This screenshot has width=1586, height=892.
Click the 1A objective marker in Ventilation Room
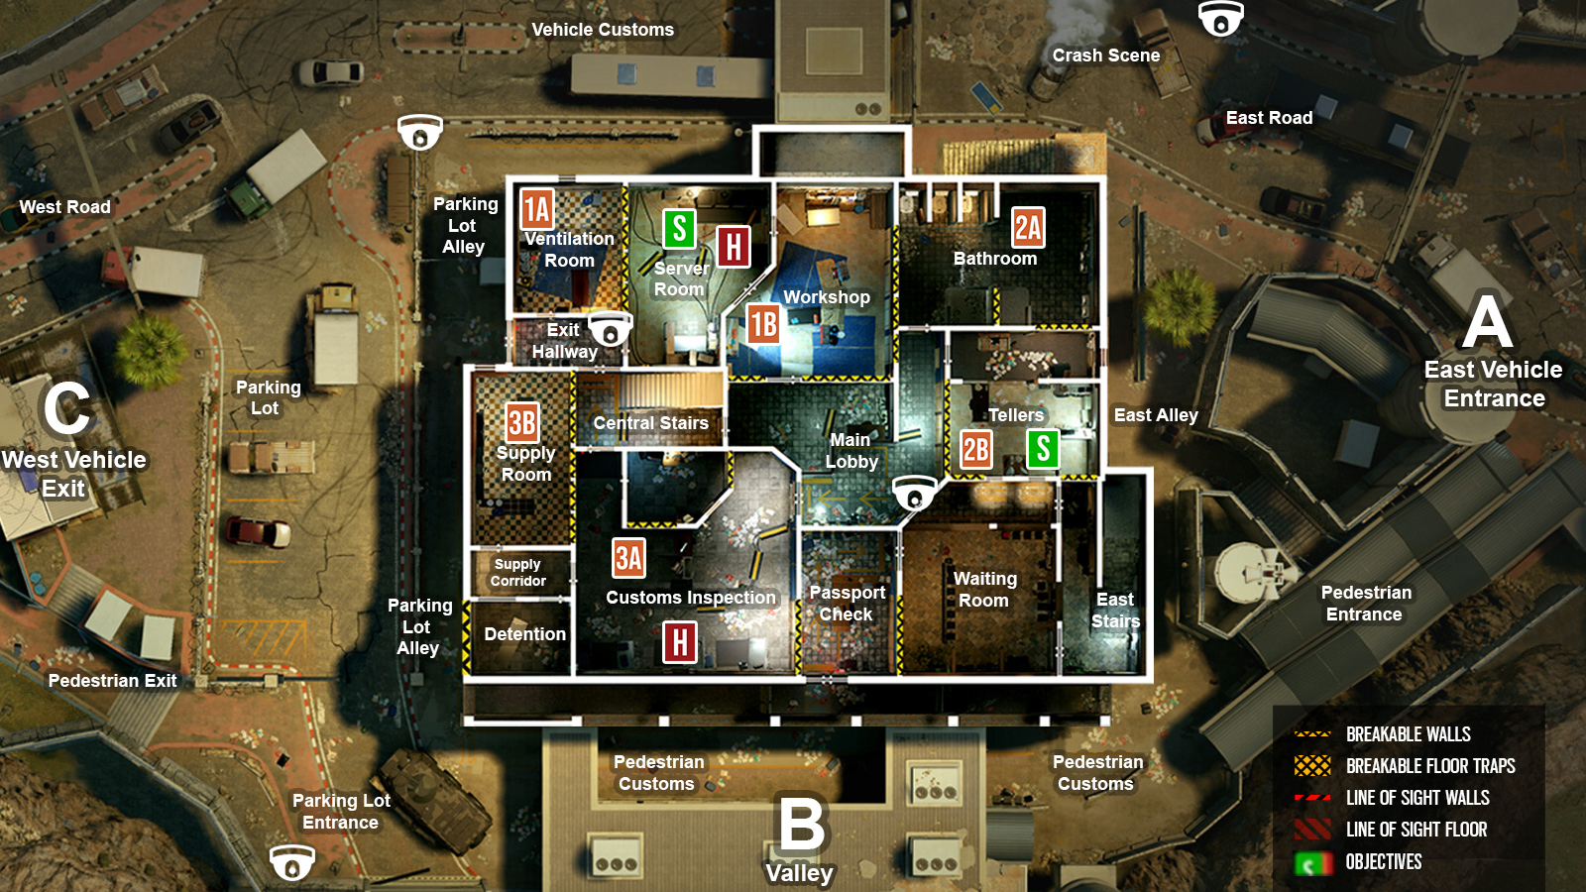(x=537, y=209)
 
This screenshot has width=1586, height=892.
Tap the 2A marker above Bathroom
(x=1028, y=227)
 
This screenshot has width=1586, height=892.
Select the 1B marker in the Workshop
(x=763, y=324)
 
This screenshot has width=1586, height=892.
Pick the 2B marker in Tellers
(x=976, y=450)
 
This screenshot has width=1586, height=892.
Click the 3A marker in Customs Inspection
(x=628, y=558)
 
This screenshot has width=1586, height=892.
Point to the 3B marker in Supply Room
(x=522, y=422)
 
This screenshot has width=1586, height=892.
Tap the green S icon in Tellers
(x=1042, y=449)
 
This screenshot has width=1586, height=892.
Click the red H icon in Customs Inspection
(x=680, y=642)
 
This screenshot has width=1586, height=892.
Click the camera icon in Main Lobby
(x=915, y=493)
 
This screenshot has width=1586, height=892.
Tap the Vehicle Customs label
(x=603, y=30)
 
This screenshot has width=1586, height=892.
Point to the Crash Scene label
(x=1106, y=56)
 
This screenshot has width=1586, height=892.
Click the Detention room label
(x=524, y=634)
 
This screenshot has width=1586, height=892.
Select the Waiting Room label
(x=984, y=590)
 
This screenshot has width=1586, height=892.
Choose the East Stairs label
(x=1116, y=611)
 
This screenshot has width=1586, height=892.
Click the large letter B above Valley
(x=802, y=824)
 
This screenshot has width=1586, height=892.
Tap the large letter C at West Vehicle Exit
(x=67, y=409)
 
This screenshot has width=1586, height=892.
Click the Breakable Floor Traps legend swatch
(x=1312, y=766)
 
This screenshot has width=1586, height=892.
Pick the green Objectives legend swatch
(x=1312, y=862)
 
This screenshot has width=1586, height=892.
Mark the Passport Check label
(x=848, y=604)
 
